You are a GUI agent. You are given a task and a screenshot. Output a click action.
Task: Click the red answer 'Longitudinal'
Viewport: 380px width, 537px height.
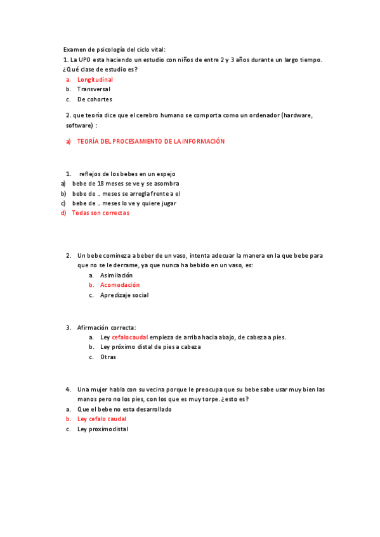click(95, 80)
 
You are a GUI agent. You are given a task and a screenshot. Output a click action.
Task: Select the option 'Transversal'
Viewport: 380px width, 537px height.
click(93, 89)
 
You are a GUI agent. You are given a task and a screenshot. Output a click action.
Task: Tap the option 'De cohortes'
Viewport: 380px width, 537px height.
click(95, 99)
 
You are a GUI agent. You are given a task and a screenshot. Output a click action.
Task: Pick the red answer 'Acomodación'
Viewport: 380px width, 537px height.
click(120, 285)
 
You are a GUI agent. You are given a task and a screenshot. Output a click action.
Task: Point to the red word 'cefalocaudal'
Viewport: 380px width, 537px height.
click(129, 338)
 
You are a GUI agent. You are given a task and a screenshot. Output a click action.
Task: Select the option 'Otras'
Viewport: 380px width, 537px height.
click(108, 357)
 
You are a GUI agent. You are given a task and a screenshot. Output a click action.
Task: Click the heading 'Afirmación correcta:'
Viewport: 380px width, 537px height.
click(106, 327)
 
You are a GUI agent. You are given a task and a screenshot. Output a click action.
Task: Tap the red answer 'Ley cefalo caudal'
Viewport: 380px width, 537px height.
click(102, 419)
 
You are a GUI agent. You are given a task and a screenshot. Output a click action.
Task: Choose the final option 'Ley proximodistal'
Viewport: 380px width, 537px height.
click(102, 429)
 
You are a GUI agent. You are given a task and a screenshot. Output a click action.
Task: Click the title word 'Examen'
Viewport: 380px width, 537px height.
click(74, 49)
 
